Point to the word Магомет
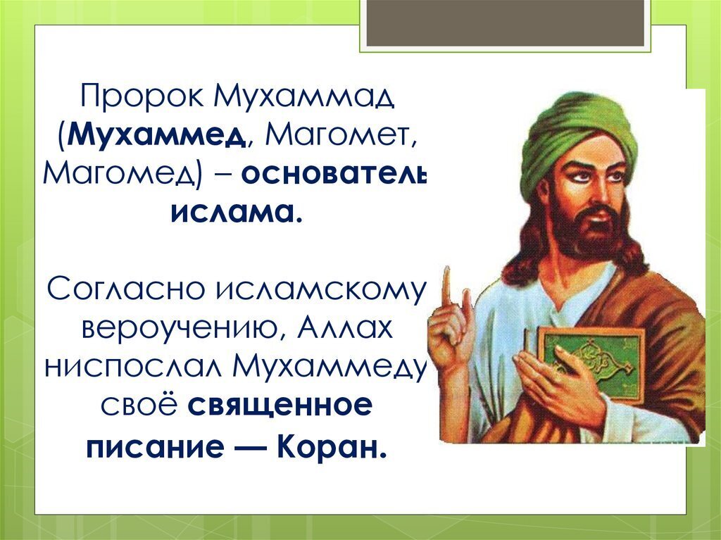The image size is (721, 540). pos(341,135)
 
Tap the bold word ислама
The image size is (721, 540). pos(237,213)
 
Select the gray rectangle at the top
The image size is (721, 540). pos(505,23)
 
